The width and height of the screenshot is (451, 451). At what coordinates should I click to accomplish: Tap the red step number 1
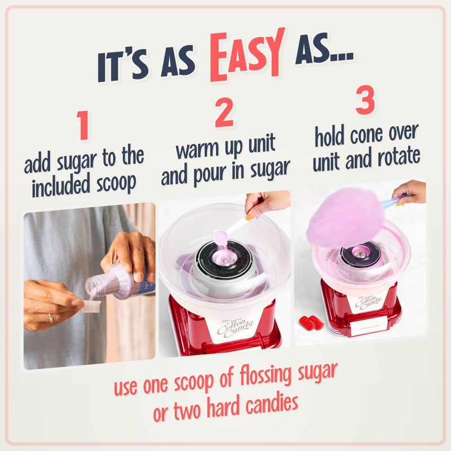point(83,126)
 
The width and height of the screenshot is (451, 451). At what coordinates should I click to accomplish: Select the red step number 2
point(224,114)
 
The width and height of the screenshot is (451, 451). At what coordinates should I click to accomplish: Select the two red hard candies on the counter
point(311,322)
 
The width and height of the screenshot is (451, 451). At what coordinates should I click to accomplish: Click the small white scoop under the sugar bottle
point(91,306)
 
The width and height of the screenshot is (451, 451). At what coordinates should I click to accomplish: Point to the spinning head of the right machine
point(361,254)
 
